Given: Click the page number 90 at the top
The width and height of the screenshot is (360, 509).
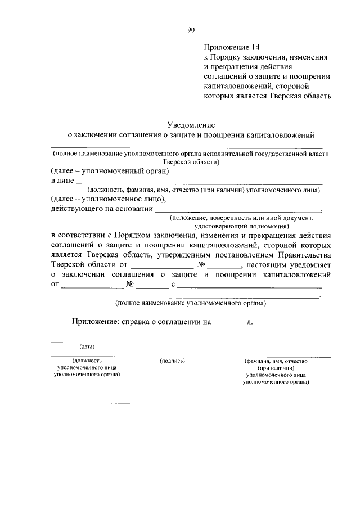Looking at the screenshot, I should click(191, 30).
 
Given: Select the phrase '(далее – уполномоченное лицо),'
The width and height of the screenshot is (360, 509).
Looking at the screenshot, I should click(108, 199).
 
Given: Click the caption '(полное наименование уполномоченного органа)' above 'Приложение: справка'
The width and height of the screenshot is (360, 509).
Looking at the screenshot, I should click(191, 304).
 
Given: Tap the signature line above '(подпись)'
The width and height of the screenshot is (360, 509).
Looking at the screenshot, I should click(172, 356).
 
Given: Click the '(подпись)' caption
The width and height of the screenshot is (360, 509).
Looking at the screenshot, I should click(172, 361).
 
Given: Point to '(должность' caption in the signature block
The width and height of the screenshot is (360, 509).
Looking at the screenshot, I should click(87, 361).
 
